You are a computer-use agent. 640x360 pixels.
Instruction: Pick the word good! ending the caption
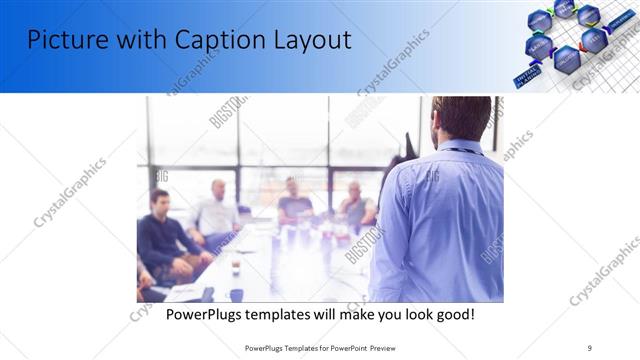453,314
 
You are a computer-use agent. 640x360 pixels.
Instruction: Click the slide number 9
590,348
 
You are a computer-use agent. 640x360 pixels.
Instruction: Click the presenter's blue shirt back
440,220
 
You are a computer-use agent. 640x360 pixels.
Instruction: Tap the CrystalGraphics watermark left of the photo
70,192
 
